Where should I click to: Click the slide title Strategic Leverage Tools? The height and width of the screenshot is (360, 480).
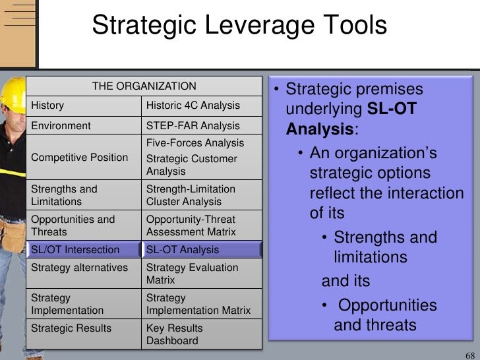239,26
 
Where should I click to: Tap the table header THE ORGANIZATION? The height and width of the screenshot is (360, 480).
144,86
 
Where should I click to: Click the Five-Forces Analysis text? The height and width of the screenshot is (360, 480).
195,143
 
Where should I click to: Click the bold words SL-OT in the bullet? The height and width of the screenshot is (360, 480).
392,109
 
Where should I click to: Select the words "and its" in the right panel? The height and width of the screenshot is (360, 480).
345,281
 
